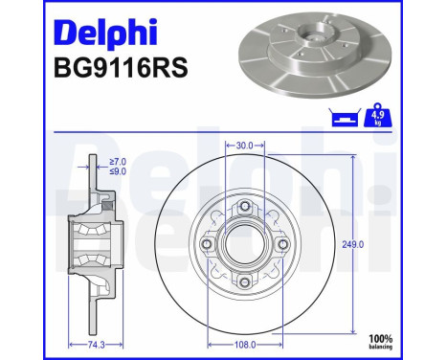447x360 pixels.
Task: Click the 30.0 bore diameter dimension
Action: (244, 146)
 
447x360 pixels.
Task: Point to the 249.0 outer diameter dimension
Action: (381, 244)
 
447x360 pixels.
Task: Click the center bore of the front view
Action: (244, 243)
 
